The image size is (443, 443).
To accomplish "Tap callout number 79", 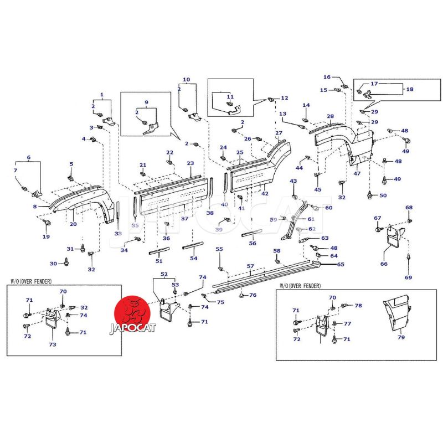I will pyautogui.click(x=401, y=337).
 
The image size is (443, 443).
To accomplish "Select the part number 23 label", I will pyautogui.click(x=190, y=163).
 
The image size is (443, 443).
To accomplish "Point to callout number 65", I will pyautogui.click(x=340, y=265).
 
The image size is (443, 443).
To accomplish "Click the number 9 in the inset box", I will pyautogui.click(x=146, y=102).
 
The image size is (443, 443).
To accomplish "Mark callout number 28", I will pyautogui.click(x=330, y=117).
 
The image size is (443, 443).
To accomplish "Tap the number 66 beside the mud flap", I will pyautogui.click(x=383, y=264).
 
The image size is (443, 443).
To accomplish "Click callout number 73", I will pyautogui.click(x=52, y=344).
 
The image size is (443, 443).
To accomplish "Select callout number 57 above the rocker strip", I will pyautogui.click(x=250, y=266).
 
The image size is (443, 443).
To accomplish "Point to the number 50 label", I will pyautogui.click(x=383, y=195).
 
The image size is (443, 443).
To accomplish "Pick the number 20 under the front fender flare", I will pyautogui.click(x=73, y=224).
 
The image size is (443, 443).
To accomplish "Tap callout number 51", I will pyautogui.click(x=159, y=261).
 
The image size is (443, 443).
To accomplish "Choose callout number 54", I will pyautogui.click(x=194, y=258).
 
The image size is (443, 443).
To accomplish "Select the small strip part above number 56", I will pyautogui.click(x=252, y=233).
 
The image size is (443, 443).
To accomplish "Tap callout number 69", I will pyautogui.click(x=408, y=277).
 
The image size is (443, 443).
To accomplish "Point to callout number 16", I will pyautogui.click(x=327, y=77).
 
